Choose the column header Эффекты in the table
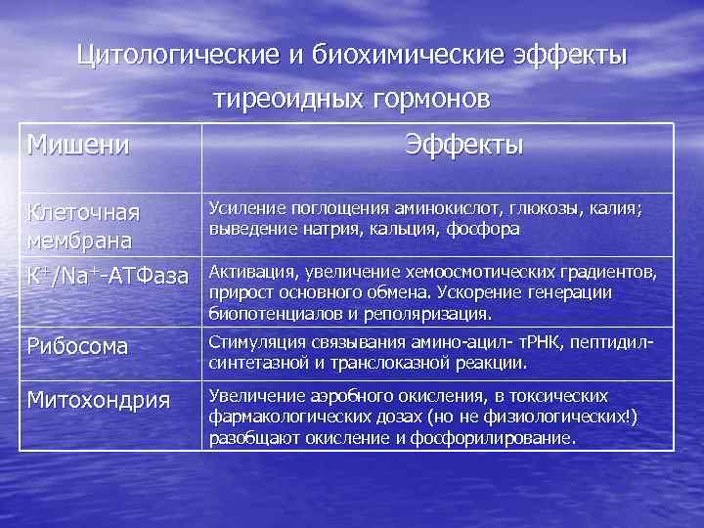pos(464,147)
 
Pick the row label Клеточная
pos(84,212)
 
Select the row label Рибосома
pos(78,345)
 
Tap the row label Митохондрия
pos(98,400)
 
